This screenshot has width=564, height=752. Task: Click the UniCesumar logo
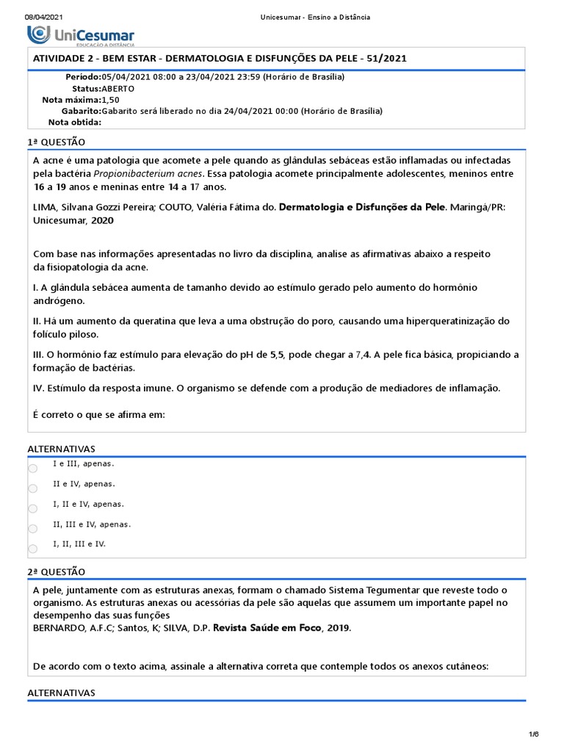[81, 35]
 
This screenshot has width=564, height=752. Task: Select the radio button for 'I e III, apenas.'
[32, 469]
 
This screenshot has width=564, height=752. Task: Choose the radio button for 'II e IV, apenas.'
[32, 488]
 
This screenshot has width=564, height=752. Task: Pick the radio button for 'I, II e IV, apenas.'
[32, 508]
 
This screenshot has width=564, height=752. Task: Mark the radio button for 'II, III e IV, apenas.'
[32, 528]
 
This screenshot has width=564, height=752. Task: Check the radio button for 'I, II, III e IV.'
[32, 548]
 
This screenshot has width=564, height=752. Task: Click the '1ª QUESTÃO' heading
[56, 142]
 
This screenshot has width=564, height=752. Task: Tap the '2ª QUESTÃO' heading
[56, 571]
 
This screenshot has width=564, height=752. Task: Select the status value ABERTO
[117, 88]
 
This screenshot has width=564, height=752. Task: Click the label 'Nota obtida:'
[75, 123]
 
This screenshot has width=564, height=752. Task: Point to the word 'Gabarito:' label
[82, 111]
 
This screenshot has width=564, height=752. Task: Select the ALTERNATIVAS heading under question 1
[61, 448]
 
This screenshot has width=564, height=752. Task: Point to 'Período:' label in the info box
[83, 77]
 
